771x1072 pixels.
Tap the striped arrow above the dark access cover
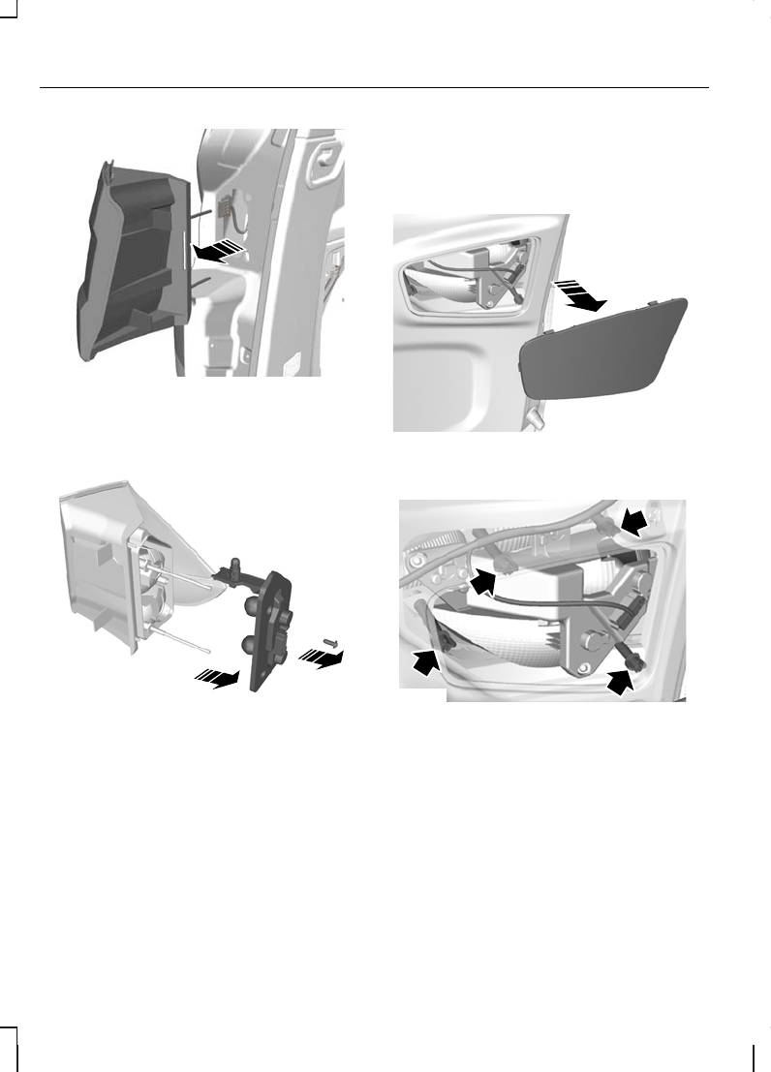click(x=579, y=294)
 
